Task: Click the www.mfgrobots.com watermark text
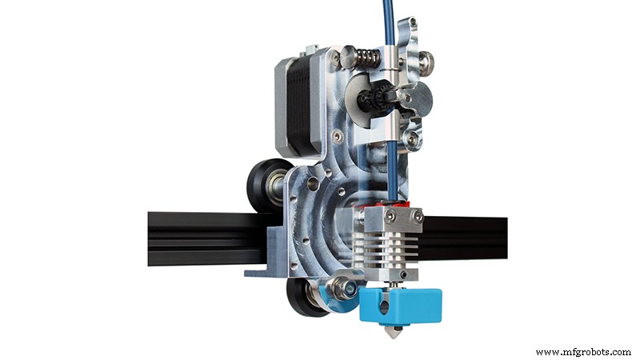tap(582, 351)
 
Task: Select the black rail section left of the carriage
tap(200, 240)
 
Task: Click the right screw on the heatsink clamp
tap(415, 216)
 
